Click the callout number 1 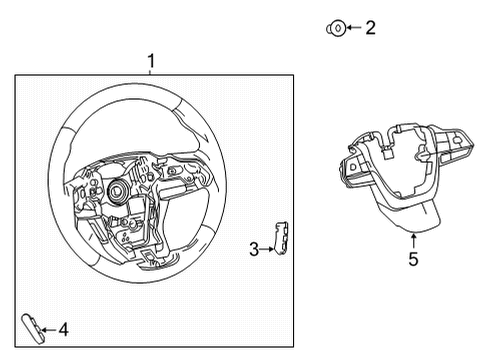click(151, 62)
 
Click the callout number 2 click(370, 28)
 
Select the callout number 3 click(254, 249)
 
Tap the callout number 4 click(63, 328)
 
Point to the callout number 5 click(413, 260)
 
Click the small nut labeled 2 click(335, 29)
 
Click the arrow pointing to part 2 click(352, 29)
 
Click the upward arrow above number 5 click(413, 238)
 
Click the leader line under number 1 click(151, 73)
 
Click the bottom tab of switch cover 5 click(410, 214)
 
